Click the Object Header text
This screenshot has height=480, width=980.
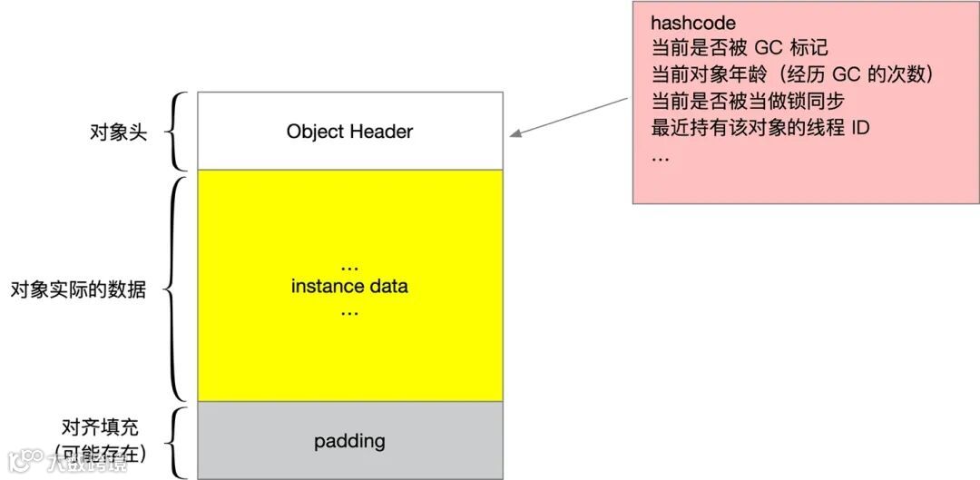click(x=349, y=132)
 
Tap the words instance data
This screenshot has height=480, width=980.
click(x=349, y=287)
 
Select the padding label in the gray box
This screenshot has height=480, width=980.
click(x=349, y=442)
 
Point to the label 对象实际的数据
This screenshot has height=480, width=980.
click(x=78, y=290)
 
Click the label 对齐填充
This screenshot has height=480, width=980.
click(x=100, y=426)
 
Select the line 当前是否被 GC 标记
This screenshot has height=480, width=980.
click(x=740, y=48)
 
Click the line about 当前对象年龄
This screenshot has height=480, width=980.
click(x=792, y=74)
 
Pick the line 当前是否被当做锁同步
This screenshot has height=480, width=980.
click(x=748, y=101)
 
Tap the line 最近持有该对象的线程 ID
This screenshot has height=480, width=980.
click(x=760, y=127)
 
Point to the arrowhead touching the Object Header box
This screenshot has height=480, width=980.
click(x=514, y=135)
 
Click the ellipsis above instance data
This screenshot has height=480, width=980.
click(x=349, y=267)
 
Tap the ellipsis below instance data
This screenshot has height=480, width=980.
click(x=349, y=310)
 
